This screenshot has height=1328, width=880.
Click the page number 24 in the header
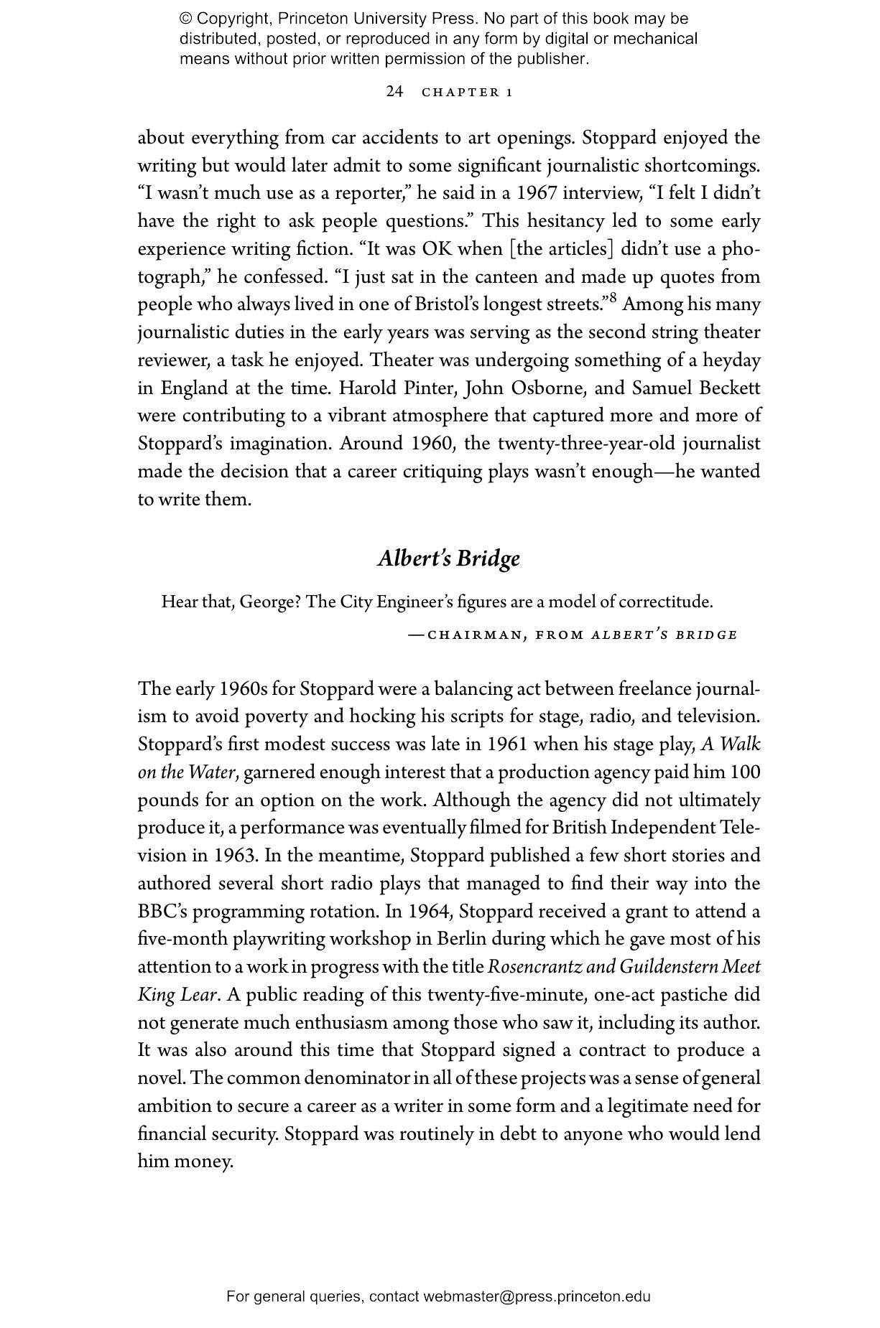click(394, 91)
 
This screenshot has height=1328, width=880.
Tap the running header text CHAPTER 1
click(467, 92)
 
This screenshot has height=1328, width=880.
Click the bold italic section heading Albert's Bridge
click(448, 558)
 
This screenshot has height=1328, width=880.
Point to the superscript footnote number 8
click(613, 298)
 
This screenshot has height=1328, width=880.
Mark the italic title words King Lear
click(177, 995)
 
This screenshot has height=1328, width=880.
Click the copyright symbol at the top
click(186, 19)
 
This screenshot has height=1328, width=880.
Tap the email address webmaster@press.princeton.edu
click(537, 1296)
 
